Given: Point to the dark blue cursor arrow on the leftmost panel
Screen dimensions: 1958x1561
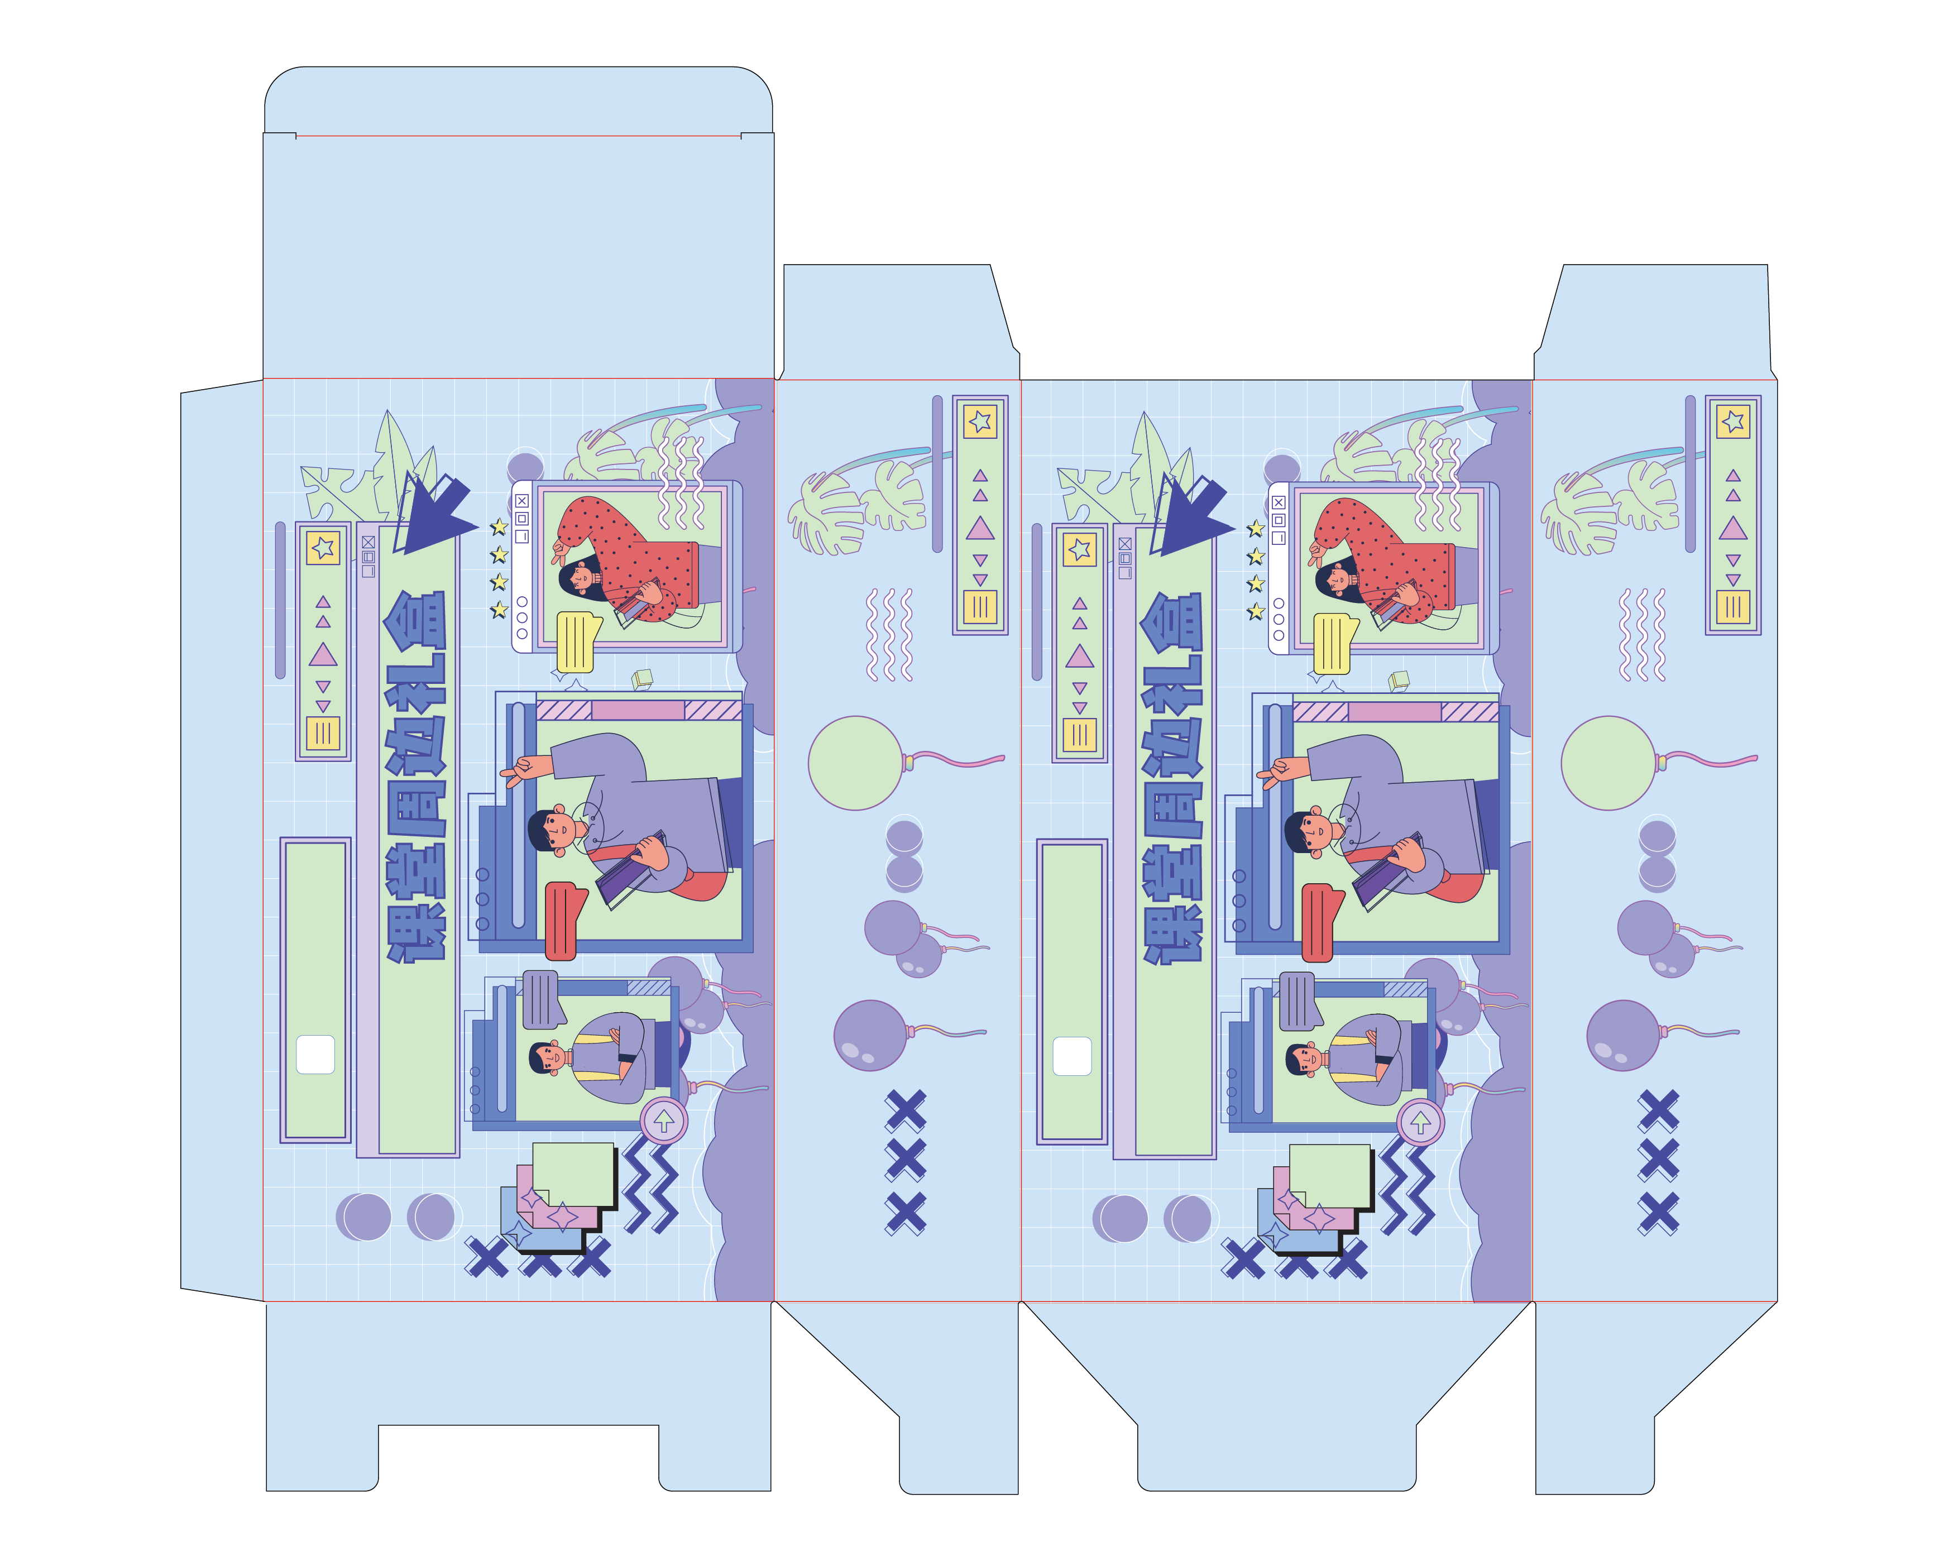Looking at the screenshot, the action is pos(436,513).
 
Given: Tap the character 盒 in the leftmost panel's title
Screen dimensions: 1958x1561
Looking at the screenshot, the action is pos(415,620).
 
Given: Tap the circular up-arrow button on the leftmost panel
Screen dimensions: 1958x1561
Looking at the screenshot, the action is pos(664,1121).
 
